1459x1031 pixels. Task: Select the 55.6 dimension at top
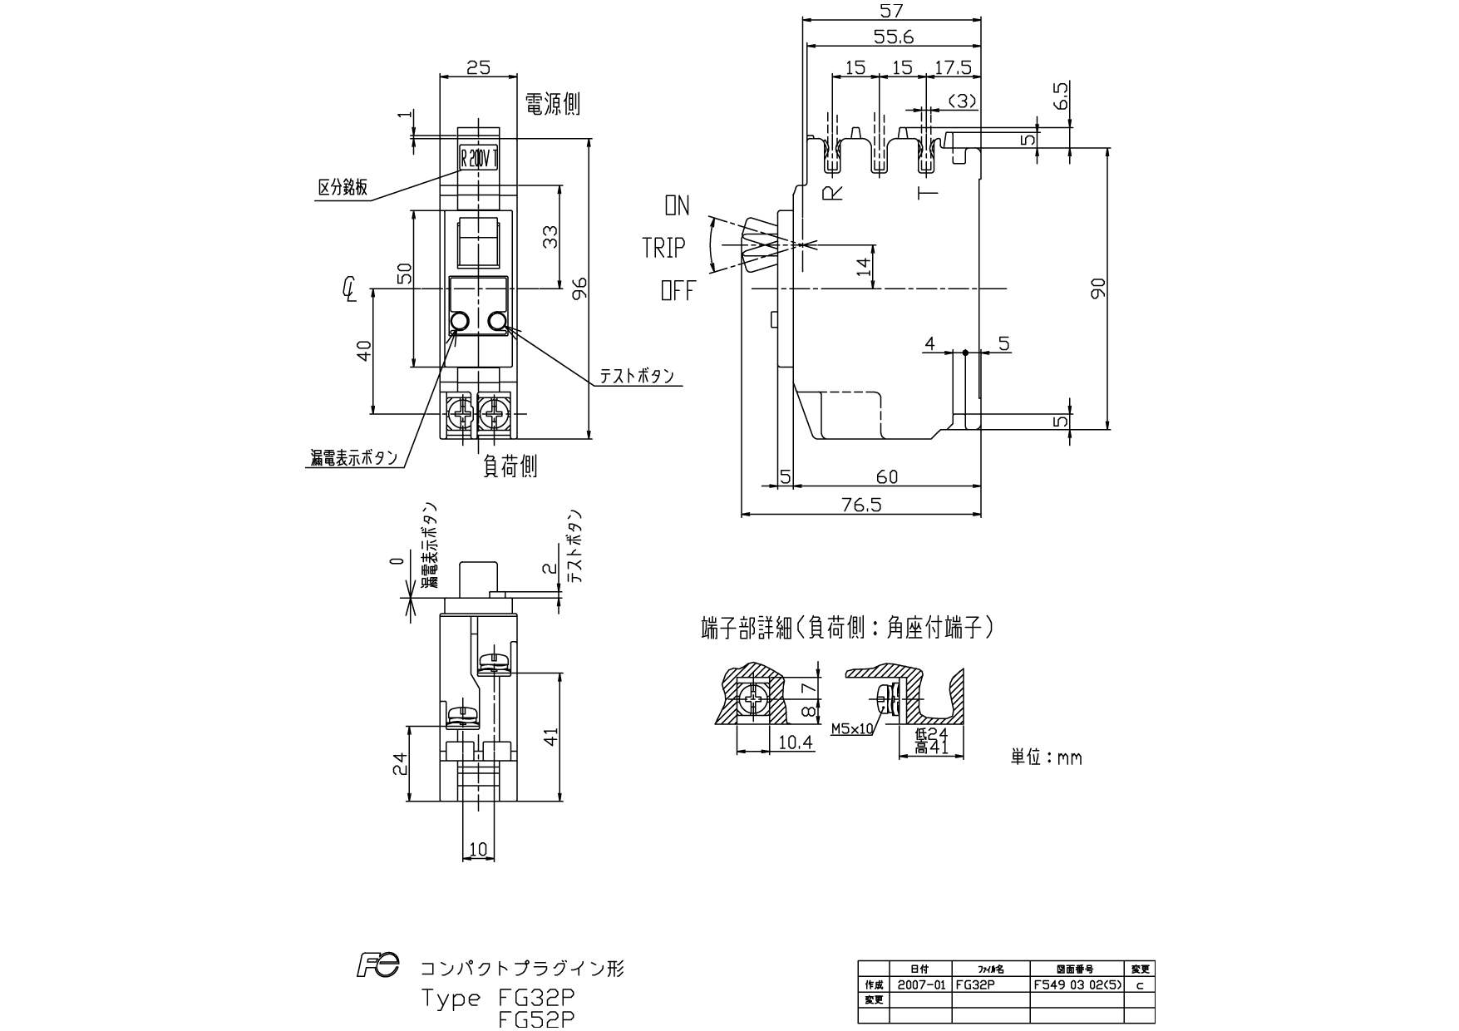(x=894, y=36)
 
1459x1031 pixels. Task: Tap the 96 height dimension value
(x=579, y=288)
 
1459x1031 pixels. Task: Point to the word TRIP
(x=663, y=248)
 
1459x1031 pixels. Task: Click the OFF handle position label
(x=678, y=291)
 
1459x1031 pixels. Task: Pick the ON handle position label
(x=676, y=205)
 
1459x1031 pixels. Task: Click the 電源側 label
(x=552, y=104)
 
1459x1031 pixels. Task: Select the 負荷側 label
(x=510, y=466)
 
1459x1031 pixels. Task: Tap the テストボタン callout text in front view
(x=637, y=376)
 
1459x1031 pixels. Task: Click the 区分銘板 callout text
(x=343, y=188)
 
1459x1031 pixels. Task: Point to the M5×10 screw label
(x=852, y=729)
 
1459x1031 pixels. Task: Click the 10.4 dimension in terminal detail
(x=795, y=742)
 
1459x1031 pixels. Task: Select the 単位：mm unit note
(x=1046, y=757)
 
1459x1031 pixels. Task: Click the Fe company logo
(x=378, y=965)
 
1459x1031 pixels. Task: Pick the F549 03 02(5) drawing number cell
(x=1077, y=984)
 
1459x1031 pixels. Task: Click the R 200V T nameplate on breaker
(x=479, y=158)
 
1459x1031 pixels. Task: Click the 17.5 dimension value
(x=953, y=67)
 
